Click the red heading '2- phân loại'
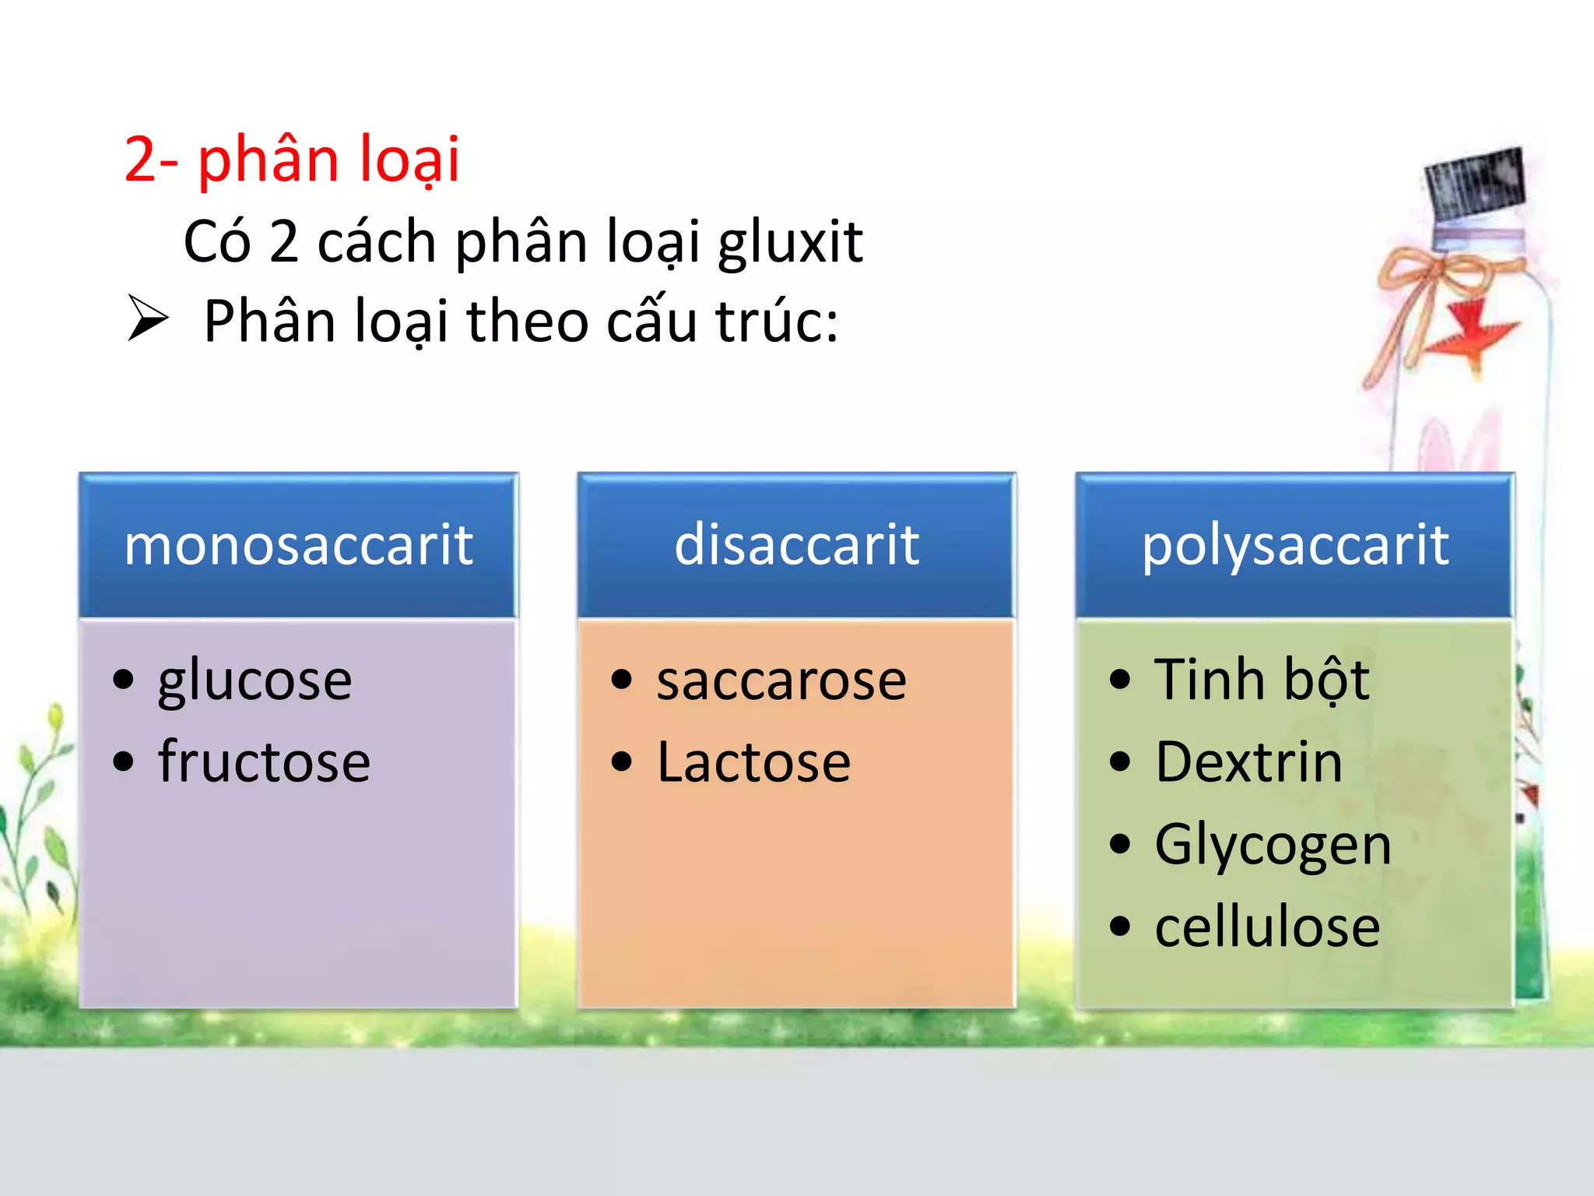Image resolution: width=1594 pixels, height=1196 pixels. coord(292,160)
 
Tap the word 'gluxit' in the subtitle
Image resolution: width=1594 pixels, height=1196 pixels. coord(789,243)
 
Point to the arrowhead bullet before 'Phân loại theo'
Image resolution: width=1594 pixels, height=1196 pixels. coord(147,319)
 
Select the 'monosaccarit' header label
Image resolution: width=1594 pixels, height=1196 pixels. coord(298,544)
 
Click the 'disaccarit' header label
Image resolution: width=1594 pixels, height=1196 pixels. coord(796,544)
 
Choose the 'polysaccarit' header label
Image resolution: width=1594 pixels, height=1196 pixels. coord(1295,544)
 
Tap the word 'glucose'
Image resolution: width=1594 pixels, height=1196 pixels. coord(255,681)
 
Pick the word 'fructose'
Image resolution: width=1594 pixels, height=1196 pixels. coord(264,762)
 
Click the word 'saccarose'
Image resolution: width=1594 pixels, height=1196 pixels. coord(781,681)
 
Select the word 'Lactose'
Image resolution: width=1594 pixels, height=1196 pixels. coord(753,762)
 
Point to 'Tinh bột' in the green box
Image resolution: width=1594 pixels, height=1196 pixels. coord(1261,681)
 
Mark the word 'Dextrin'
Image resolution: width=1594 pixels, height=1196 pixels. coord(1248,762)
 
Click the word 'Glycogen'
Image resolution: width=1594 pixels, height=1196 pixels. coord(1273,845)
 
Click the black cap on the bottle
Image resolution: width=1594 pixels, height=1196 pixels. coord(1473,184)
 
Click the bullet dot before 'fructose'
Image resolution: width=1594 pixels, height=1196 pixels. coord(123,761)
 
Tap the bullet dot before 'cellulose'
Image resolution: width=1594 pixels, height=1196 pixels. coord(1119,927)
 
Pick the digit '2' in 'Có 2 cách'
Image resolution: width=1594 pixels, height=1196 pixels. coord(284,243)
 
